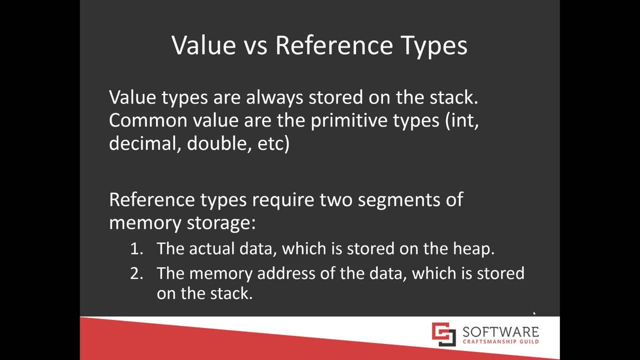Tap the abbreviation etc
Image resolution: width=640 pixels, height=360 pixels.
(270, 143)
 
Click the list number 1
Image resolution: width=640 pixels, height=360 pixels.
(135, 248)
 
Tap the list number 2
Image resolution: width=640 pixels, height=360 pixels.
(136, 273)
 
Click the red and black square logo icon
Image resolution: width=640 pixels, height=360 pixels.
(444, 334)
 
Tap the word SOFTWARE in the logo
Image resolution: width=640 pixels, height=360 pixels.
(500, 332)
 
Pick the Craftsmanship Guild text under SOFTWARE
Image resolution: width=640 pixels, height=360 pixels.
(500, 342)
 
